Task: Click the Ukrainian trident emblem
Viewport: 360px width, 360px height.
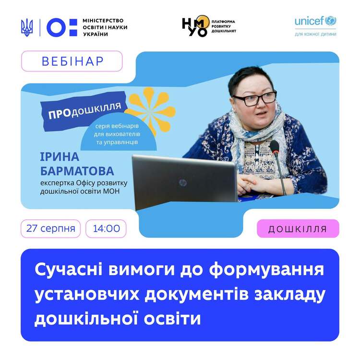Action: (x=27, y=28)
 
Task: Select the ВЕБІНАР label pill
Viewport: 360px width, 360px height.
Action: (x=72, y=61)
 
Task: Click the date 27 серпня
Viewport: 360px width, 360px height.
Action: (x=51, y=228)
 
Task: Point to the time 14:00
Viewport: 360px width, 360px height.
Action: (x=106, y=228)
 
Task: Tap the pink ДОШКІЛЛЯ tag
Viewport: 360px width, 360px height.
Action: (x=298, y=228)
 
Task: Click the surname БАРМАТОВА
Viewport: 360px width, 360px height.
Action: (x=77, y=171)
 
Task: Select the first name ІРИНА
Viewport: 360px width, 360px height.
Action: (x=60, y=157)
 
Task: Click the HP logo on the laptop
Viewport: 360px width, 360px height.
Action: (x=182, y=183)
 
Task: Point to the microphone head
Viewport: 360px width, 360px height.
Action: (x=274, y=146)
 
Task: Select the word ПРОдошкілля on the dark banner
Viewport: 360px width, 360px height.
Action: (x=84, y=111)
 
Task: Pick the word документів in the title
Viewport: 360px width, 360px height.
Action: (x=197, y=295)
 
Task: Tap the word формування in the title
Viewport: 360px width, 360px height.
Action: (x=266, y=270)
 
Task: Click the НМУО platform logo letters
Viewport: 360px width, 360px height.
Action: (x=196, y=26)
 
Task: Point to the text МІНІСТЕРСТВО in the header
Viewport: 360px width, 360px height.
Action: (x=103, y=21)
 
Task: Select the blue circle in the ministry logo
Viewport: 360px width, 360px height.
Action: (x=56, y=27)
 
